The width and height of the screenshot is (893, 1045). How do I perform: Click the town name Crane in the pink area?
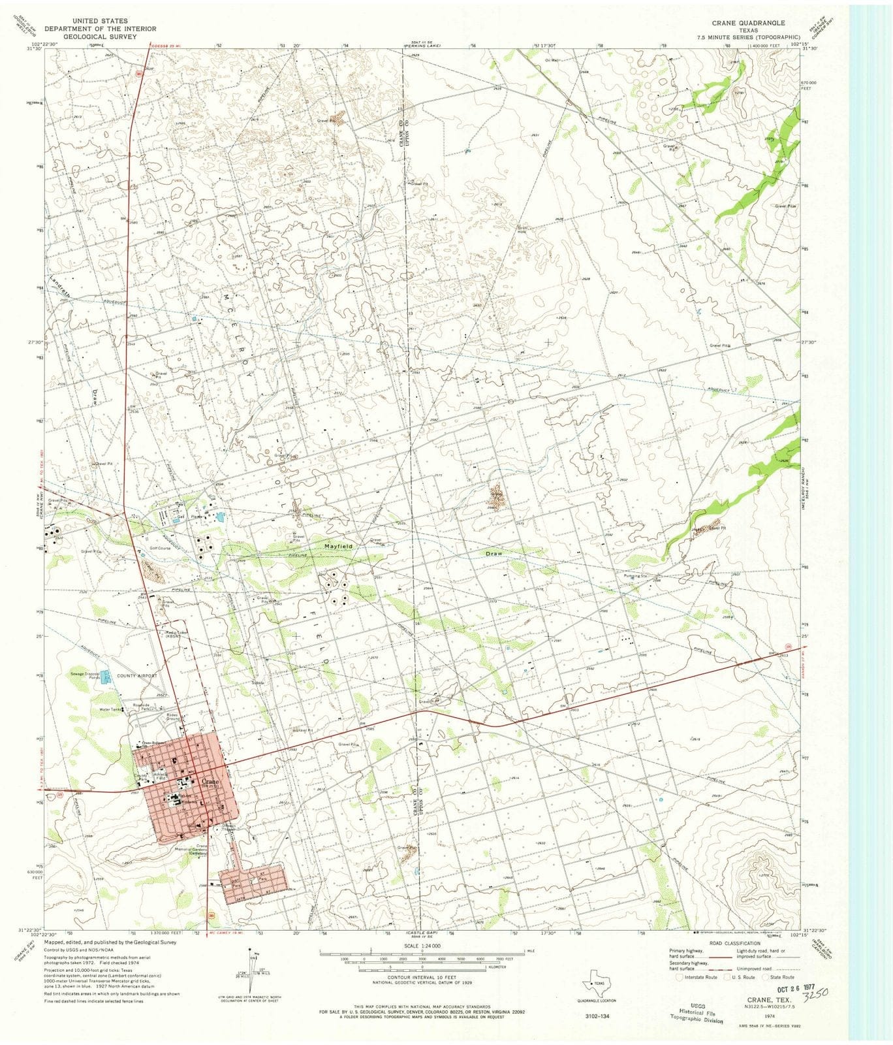tap(210, 781)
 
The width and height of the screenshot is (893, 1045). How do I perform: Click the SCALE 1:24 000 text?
tap(423, 946)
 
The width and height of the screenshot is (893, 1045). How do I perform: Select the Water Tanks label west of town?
tap(108, 709)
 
